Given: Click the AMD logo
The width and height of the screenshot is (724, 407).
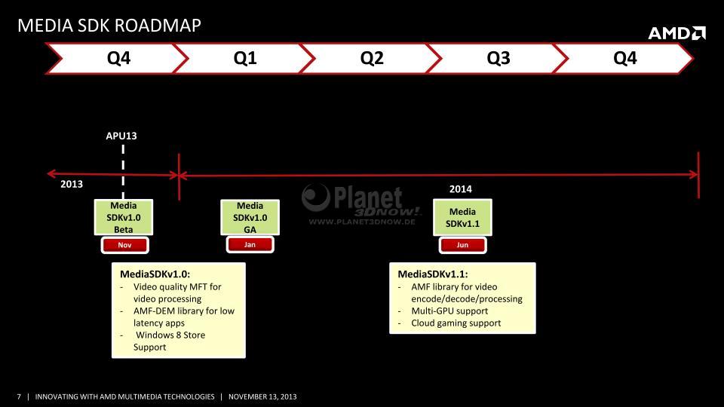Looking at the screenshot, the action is click(677, 33).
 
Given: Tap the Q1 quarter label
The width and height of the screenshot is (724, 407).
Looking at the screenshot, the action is click(245, 58).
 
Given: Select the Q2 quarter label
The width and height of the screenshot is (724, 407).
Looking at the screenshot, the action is click(372, 58).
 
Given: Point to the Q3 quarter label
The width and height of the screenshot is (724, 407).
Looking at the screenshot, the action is click(499, 58).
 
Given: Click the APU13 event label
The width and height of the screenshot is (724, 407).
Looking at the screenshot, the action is click(121, 136).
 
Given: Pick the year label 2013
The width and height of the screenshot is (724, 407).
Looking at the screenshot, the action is click(72, 184).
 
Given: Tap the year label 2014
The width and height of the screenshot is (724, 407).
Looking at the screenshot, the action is click(460, 188).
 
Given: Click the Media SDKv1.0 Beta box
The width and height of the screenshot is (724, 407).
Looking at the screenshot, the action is click(123, 217).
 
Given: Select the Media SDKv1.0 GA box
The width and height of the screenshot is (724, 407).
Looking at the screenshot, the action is click(250, 217).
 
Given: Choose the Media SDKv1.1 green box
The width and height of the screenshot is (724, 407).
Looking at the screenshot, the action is click(462, 217).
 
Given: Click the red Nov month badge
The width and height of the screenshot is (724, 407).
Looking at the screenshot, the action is click(124, 245).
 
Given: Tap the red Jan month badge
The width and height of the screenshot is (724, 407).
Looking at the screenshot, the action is click(250, 244).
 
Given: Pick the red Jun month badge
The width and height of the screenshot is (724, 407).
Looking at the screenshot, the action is click(462, 245).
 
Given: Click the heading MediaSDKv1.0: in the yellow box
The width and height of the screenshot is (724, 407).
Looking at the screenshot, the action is click(155, 274).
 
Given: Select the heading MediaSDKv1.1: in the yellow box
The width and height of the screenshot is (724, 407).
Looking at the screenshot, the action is click(433, 274).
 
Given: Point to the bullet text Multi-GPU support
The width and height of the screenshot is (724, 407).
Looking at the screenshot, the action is click(449, 311).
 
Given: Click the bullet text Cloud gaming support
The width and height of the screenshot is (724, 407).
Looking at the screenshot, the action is click(456, 323).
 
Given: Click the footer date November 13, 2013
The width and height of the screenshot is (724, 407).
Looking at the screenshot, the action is click(262, 396).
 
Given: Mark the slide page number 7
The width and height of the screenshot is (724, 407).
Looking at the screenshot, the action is click(19, 396).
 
